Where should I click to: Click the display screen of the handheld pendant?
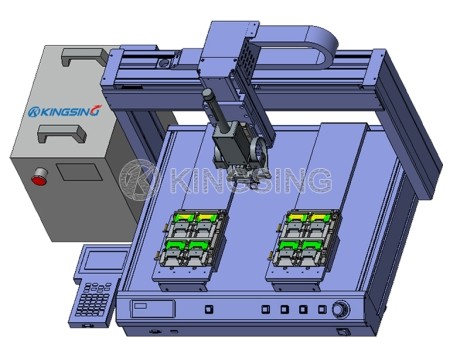101,263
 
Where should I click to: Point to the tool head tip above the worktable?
245,185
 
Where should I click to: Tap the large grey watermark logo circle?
136,179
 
